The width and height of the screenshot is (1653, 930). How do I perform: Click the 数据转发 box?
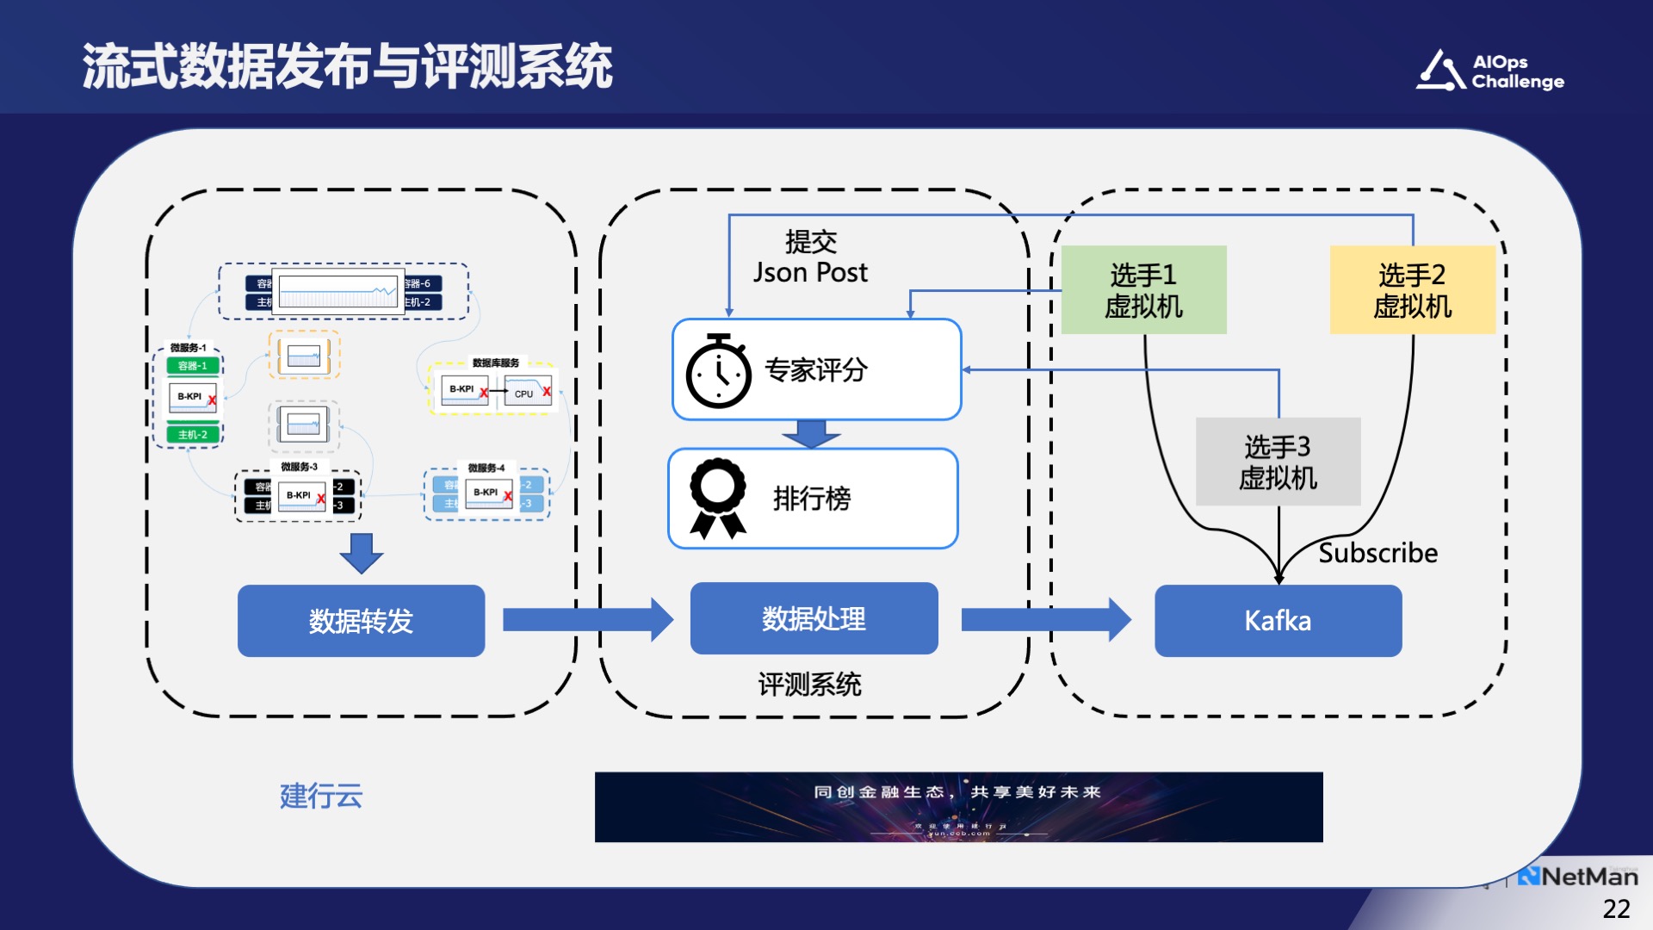361,621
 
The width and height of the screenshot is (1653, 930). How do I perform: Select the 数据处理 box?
814,618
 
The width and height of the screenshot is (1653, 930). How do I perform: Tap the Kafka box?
1278,621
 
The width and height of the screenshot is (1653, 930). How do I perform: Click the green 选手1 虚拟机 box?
1143,290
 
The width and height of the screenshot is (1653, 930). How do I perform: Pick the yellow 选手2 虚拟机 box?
1412,290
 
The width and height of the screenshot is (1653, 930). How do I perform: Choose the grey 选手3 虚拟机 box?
1278,462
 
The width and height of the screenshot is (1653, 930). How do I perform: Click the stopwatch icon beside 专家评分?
718,371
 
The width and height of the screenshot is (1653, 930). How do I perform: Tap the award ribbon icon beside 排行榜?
717,499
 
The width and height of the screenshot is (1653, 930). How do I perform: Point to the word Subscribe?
1377,553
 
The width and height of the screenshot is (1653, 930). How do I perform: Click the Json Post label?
810,272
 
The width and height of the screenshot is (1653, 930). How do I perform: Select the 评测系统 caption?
809,685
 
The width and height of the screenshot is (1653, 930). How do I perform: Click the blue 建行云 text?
321,796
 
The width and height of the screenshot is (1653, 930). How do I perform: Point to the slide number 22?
1616,908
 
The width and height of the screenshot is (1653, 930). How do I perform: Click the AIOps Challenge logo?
1490,71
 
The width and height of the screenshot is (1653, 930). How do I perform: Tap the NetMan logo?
1578,877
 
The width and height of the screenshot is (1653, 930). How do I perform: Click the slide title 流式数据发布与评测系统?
347,66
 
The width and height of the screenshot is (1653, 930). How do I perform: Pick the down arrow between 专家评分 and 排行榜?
811,433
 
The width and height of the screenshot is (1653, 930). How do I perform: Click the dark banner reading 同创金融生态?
958,807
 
